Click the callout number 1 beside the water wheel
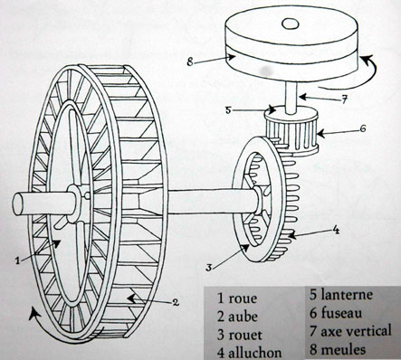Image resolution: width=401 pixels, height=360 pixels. pos(18,261)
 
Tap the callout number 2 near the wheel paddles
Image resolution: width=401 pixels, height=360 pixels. pos(176,302)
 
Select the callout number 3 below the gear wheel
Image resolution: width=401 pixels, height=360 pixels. pos(209,267)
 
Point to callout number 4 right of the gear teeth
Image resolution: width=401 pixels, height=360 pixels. pos(336,231)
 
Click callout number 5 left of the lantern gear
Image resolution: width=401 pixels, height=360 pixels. pos(228,110)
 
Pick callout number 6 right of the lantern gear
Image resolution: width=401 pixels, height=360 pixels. pos(362,128)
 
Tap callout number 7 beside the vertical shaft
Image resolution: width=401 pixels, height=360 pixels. pos(345,99)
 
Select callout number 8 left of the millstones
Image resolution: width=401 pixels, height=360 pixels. pos(190,62)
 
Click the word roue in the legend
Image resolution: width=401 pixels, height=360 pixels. pos(243,298)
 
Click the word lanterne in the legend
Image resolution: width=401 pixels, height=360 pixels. pos(347,295)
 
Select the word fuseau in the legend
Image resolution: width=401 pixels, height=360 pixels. pos(341,313)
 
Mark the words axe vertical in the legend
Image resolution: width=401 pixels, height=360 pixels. pos(356,331)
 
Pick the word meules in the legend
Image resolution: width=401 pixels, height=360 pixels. pos(343,350)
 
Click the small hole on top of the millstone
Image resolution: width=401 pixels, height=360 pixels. pos(291,24)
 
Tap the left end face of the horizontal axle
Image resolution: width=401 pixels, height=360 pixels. pos(18,204)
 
